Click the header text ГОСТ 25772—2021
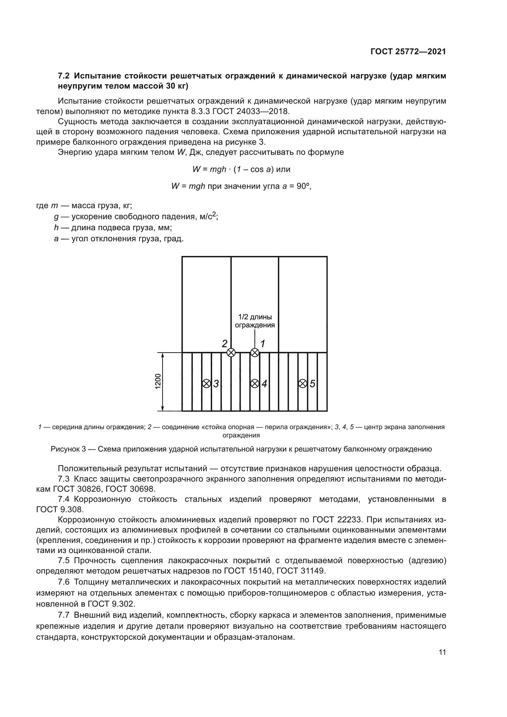tap(408, 52)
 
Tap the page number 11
tap(442, 652)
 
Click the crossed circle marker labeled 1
tap(255, 353)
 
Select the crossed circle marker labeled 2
tap(231, 353)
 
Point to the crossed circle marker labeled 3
tap(206, 383)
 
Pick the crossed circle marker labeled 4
tap(255, 383)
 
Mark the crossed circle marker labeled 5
tap(303, 383)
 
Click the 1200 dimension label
tap(158, 381)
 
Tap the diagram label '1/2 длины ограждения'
tap(255, 321)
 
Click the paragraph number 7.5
tap(64, 561)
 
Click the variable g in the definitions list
tap(56, 217)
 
